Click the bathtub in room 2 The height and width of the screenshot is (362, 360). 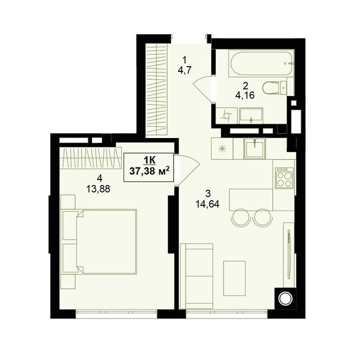[x=261, y=63]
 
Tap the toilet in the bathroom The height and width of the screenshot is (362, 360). [x=275, y=88]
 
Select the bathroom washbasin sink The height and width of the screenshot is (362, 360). [x=251, y=115]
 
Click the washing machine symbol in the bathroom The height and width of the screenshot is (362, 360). [x=227, y=115]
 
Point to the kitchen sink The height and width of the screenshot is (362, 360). [x=255, y=148]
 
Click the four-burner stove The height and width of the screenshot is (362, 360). [x=284, y=177]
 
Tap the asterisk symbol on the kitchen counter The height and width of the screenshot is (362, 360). [x=222, y=149]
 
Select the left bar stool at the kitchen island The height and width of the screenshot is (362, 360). [x=241, y=218]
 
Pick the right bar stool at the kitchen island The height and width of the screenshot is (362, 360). [x=263, y=218]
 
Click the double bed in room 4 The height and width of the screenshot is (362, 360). [x=99, y=242]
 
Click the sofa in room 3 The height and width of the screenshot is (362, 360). [x=196, y=276]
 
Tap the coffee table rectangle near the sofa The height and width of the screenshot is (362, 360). [x=234, y=278]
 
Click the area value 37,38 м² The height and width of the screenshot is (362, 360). [x=149, y=171]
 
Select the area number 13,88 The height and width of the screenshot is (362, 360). [x=98, y=189]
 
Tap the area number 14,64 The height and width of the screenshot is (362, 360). [x=207, y=204]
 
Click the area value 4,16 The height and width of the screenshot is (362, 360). [x=245, y=95]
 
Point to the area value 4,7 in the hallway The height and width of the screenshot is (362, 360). [x=184, y=70]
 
